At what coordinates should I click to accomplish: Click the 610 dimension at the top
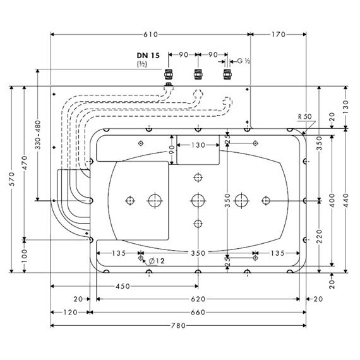click(x=150, y=35)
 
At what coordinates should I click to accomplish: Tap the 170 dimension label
click(x=279, y=35)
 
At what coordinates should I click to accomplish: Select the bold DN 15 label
click(x=148, y=56)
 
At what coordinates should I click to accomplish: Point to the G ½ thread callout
click(x=244, y=61)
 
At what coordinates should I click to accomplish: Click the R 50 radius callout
click(x=304, y=117)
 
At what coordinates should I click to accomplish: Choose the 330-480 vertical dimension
click(x=38, y=135)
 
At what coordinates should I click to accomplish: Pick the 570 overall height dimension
click(x=12, y=179)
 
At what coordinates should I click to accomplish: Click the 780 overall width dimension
click(x=178, y=325)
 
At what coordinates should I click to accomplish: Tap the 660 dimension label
click(x=198, y=312)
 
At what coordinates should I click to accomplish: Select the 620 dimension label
click(x=198, y=299)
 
